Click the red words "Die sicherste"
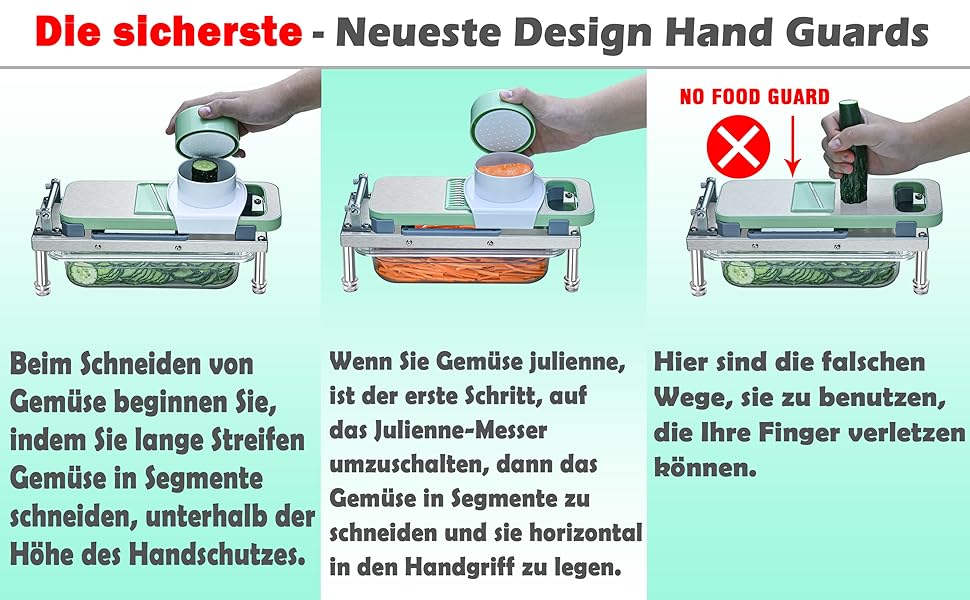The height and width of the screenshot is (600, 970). [x=168, y=32]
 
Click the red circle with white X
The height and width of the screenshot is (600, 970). [x=738, y=147]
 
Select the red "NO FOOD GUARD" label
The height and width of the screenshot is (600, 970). [x=754, y=96]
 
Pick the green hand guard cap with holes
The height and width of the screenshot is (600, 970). [x=502, y=122]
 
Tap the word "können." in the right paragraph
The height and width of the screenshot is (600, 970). [x=705, y=467]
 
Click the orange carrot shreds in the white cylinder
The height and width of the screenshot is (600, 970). [x=504, y=168]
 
